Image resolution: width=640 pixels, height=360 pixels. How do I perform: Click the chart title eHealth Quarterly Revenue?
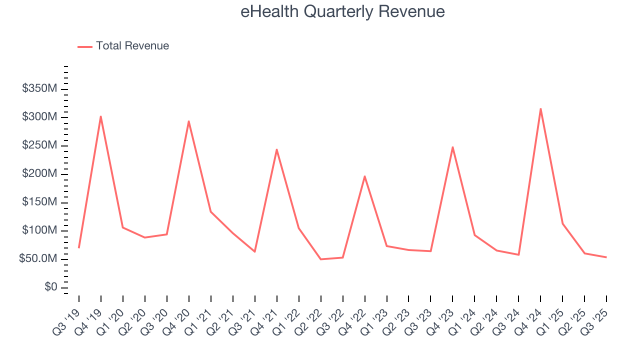(342, 11)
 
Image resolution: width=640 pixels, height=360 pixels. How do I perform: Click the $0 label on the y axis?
(51, 287)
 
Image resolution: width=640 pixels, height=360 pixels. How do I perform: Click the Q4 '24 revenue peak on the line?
(540, 108)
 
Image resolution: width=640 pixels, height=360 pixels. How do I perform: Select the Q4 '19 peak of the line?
(101, 116)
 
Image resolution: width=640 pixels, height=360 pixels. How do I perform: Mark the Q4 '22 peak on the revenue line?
(365, 176)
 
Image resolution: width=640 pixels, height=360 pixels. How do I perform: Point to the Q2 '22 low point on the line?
(321, 259)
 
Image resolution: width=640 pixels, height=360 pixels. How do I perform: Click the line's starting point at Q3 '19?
(79, 247)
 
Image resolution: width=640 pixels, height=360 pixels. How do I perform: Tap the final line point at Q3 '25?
(606, 257)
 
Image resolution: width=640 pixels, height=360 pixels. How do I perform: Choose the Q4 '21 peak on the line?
(277, 149)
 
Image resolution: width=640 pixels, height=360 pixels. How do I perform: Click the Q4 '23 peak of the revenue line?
(452, 147)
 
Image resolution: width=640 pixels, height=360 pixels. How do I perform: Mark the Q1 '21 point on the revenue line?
(211, 211)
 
